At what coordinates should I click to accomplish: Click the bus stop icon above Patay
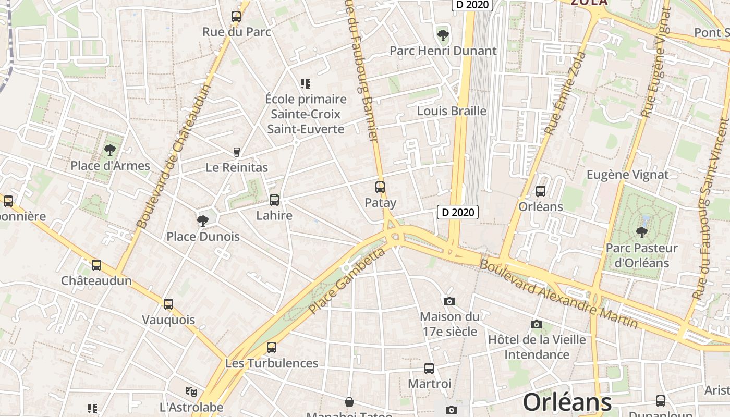(380, 187)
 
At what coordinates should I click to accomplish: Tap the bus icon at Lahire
(274, 200)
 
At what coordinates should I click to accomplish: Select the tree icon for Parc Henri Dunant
(443, 35)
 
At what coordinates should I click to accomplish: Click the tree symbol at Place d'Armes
(110, 150)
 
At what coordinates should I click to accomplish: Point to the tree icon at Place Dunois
(202, 220)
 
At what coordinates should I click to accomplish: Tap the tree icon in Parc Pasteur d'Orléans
(641, 231)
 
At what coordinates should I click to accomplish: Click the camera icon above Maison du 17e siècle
(449, 301)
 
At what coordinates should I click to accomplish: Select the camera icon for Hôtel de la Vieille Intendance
(537, 324)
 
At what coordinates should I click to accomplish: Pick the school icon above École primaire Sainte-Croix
(306, 83)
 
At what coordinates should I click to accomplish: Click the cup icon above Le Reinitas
(237, 152)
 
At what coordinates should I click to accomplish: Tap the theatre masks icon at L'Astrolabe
(191, 391)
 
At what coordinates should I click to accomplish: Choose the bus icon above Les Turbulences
(272, 348)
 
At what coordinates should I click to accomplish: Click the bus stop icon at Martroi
(429, 369)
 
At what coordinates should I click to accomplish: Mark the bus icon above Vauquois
(168, 304)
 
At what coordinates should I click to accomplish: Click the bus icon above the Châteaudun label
(96, 265)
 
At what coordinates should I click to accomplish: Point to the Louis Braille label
(452, 111)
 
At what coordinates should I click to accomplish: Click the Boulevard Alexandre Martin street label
(558, 294)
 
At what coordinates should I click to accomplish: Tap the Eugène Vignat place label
(627, 175)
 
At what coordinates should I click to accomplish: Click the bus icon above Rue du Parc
(236, 17)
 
